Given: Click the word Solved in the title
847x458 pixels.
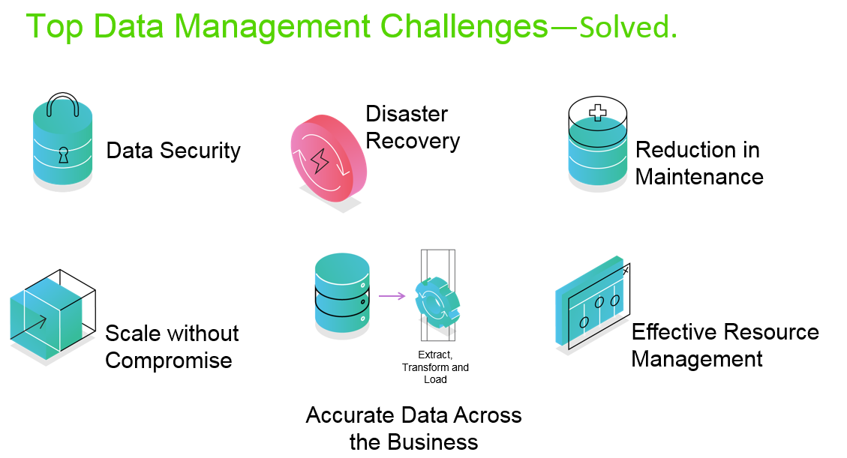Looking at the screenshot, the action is click(624, 27).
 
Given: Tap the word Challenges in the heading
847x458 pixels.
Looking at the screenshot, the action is click(464, 27).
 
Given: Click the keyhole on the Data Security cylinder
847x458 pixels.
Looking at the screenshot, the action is click(64, 155).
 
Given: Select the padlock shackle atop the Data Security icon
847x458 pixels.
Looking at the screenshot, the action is click(63, 105).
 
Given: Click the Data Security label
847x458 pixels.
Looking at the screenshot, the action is click(173, 151).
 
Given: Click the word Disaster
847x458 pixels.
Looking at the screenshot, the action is click(407, 114).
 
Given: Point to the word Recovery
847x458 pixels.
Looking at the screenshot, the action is click(413, 142).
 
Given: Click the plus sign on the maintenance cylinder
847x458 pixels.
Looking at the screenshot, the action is click(597, 112).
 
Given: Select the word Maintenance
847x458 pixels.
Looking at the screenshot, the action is click(699, 177).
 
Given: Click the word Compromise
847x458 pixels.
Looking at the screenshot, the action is click(169, 361).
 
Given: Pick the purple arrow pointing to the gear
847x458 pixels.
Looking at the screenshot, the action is click(392, 295).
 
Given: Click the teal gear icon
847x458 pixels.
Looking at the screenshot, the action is click(437, 303).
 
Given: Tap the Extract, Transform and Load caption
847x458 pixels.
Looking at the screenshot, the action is click(435, 367).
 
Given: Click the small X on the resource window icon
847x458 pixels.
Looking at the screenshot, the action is click(626, 271).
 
